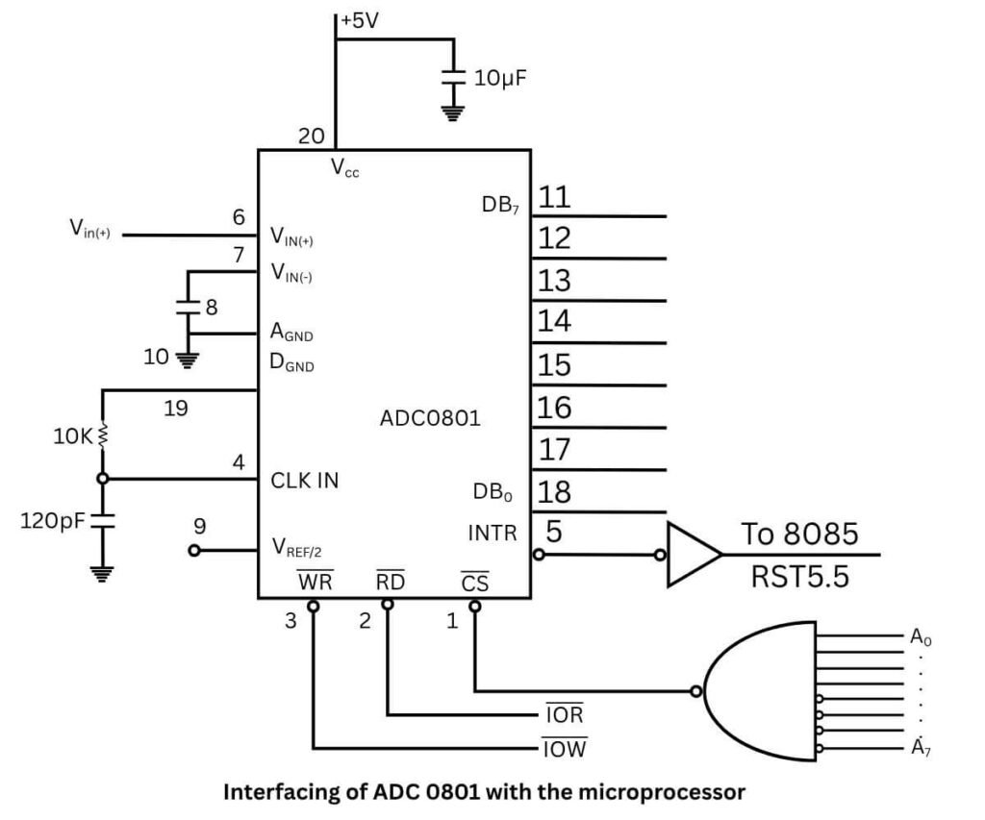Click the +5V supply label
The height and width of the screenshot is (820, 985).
(361, 19)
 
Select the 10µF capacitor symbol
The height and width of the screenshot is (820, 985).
(451, 80)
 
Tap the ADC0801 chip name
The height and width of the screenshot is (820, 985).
(430, 419)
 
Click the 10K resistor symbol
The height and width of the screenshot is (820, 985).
(102, 435)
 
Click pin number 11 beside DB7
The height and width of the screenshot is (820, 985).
(555, 198)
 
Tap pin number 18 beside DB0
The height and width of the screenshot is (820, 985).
(555, 492)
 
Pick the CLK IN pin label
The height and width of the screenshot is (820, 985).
(304, 480)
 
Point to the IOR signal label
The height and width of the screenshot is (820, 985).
(565, 716)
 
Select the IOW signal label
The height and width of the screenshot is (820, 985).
(565, 748)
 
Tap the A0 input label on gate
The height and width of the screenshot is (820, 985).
(921, 636)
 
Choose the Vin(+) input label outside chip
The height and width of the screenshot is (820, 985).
(89, 229)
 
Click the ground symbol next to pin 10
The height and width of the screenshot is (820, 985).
(189, 360)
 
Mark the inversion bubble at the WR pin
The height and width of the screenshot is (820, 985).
(313, 606)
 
